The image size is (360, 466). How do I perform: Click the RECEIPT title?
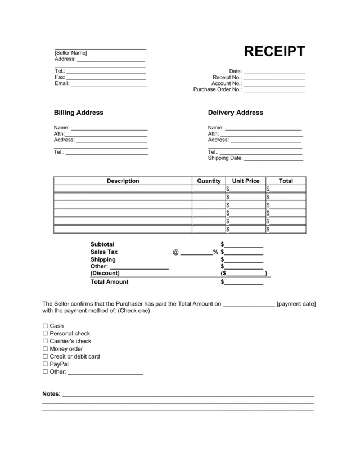click(x=274, y=52)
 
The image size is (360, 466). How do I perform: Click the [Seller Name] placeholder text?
click(x=71, y=53)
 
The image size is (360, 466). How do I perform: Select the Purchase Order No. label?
click(x=218, y=89)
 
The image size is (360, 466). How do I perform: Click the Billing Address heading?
click(x=78, y=113)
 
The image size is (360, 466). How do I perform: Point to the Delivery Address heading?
click(x=235, y=113)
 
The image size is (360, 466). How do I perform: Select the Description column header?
click(x=123, y=181)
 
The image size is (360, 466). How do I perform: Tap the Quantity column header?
click(x=209, y=181)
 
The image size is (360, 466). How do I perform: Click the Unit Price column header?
click(x=246, y=181)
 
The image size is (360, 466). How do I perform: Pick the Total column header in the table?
click(x=286, y=181)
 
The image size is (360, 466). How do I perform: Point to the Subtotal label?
click(x=102, y=244)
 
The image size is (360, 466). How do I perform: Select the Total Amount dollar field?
click(x=244, y=282)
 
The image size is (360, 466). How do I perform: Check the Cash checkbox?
click(x=45, y=326)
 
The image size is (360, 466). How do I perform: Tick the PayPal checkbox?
click(x=45, y=364)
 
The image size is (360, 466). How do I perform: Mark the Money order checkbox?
click(x=45, y=349)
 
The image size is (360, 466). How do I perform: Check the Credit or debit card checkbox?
click(x=45, y=357)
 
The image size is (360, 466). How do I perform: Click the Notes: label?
click(x=52, y=394)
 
